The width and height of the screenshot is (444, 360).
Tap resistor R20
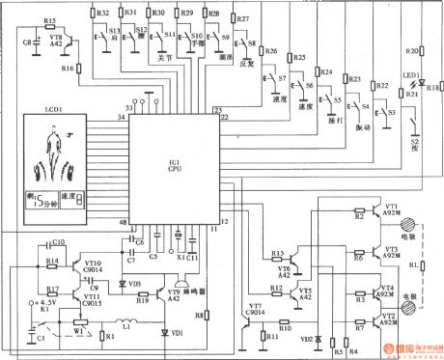pyautogui.click(x=413, y=49)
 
